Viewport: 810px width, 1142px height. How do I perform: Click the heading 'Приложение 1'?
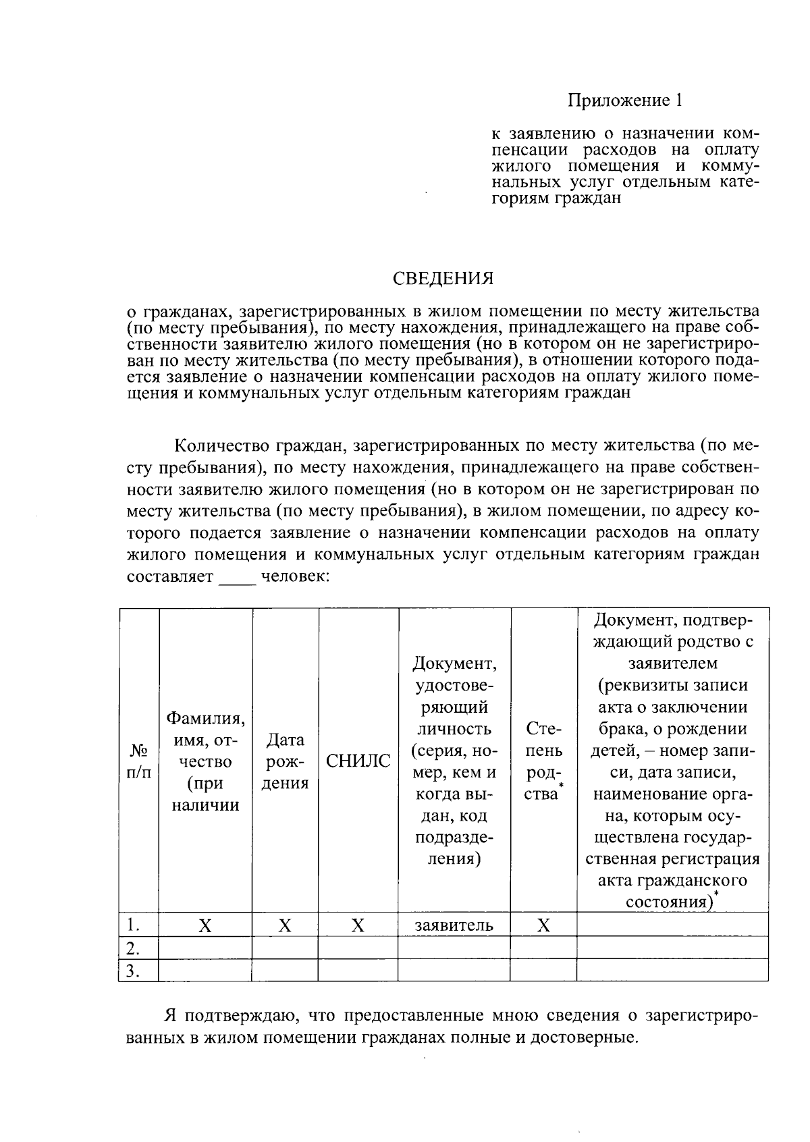coord(624,101)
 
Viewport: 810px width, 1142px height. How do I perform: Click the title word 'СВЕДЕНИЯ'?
coord(443,278)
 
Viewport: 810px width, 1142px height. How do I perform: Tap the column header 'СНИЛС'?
coord(358,761)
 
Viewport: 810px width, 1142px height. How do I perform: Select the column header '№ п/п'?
coord(138,761)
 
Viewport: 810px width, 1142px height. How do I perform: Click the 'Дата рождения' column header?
coord(285,761)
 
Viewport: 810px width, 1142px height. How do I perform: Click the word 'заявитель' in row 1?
coord(454,925)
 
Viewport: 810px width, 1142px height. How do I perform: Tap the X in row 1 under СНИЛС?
coord(358,925)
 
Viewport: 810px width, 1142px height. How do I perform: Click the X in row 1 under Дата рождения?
coord(285,925)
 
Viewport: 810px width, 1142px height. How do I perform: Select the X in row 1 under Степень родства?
coord(543,925)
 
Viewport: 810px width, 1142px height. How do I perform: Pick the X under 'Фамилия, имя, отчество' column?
coord(205,925)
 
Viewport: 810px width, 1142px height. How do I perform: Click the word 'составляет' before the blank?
coord(170,577)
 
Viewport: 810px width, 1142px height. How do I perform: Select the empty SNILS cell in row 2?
coord(358,948)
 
